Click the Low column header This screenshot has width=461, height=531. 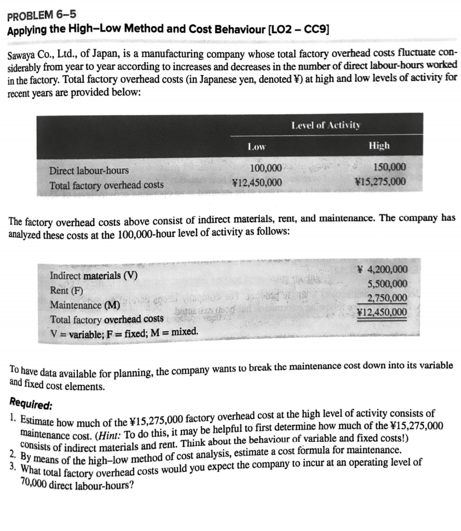click(256, 147)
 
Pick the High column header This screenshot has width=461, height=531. click(379, 146)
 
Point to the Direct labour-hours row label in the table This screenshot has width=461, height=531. click(89, 170)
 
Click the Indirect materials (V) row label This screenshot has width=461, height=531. click(93, 275)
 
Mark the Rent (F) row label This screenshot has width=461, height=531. click(66, 290)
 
